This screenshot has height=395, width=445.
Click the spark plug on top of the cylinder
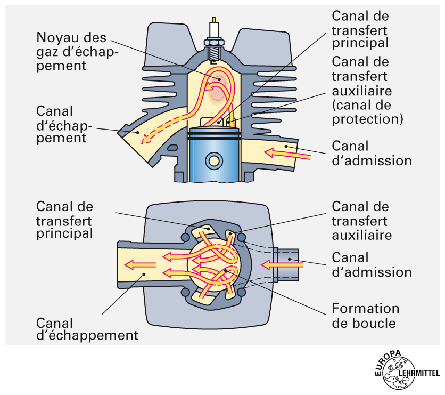pyautogui.click(x=215, y=35)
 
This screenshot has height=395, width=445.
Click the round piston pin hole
pyautogui.click(x=215, y=160)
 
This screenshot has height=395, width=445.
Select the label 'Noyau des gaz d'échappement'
pyautogui.click(x=77, y=52)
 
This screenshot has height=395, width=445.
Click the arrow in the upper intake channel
pyautogui.click(x=287, y=154)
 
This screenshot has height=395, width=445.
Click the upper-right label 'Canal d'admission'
pyautogui.click(x=372, y=152)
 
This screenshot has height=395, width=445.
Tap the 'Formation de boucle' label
pyautogui.click(x=365, y=316)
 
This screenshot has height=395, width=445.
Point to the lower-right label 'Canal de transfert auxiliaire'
pyautogui.click(x=360, y=220)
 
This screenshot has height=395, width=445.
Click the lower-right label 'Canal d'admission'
pyautogui.click(x=372, y=264)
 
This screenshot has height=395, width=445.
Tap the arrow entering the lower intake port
pyautogui.click(x=274, y=264)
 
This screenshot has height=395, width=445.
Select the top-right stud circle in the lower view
pyautogui.click(x=243, y=237)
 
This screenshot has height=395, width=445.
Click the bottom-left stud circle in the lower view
pyautogui.click(x=185, y=293)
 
